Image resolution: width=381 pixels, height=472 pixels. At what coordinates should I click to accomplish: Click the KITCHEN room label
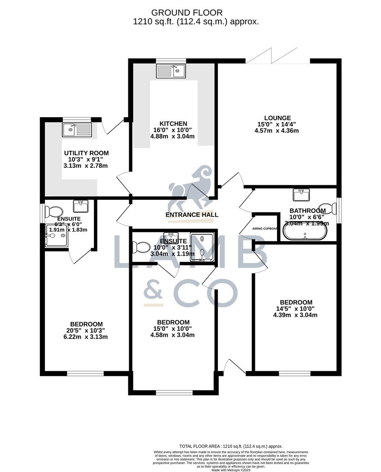tap(173, 124)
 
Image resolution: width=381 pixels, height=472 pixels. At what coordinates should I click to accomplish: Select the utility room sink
tap(77, 129)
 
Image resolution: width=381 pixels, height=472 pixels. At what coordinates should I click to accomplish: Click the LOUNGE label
tap(277, 118)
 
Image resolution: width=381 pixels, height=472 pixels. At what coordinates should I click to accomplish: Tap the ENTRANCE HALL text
tap(192, 215)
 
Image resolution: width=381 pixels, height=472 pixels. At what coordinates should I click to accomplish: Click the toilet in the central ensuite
tap(141, 247)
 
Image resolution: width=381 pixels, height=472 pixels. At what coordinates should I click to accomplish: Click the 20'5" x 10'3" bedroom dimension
tap(86, 330)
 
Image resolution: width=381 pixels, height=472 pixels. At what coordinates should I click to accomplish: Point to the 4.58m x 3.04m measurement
tap(172, 335)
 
